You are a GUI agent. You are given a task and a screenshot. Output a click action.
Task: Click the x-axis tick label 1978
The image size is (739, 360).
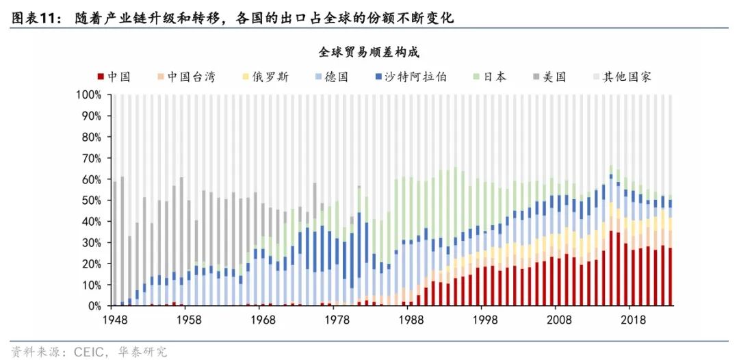(333, 320)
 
